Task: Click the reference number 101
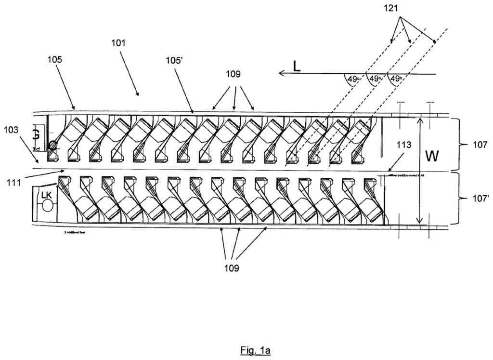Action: (x=118, y=42)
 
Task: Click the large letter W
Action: (x=434, y=157)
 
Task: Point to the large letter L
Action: (x=297, y=67)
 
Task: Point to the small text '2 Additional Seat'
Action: (x=75, y=232)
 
